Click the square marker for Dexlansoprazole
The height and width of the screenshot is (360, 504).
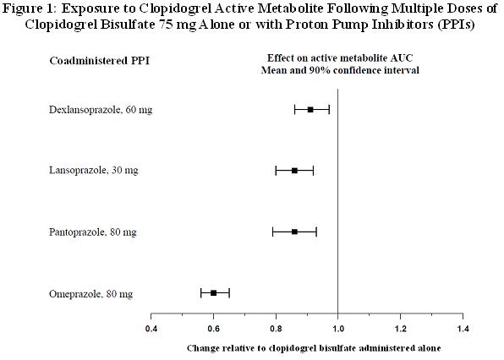coord(310,110)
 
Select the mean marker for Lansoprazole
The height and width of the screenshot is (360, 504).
coord(294,171)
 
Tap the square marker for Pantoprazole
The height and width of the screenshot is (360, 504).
coord(294,232)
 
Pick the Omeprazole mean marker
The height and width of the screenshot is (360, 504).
coord(213,293)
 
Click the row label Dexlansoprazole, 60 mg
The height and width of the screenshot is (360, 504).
coord(101,110)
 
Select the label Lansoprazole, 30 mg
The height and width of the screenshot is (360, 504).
coord(94,170)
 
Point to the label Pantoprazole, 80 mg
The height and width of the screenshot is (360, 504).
coord(92,232)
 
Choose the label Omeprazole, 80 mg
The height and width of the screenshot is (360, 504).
coord(90,294)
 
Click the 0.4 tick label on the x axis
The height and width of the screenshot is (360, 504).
coord(151,329)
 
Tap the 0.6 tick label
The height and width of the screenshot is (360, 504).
coord(213,329)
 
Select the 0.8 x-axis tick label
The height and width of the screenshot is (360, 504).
coord(276,329)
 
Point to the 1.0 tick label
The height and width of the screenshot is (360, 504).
coord(337,329)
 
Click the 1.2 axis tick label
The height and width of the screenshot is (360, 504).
coord(400,329)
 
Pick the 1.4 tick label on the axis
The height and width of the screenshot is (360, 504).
coord(463,329)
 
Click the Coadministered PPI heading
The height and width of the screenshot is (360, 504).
coord(99,61)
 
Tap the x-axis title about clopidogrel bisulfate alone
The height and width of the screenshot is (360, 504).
coord(314,348)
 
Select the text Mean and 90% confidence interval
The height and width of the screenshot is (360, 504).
coord(340,70)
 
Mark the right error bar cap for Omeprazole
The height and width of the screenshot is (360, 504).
coord(229,293)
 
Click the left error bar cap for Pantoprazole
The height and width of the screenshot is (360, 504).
coord(272,232)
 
